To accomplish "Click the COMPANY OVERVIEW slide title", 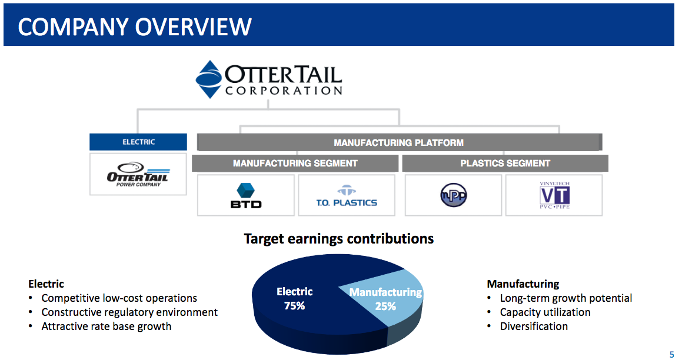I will coord(135,26).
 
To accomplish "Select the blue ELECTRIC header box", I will coord(138,142).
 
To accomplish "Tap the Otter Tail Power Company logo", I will coord(138,174).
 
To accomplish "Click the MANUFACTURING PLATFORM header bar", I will coord(398,142).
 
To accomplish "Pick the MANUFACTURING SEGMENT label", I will coord(295,164).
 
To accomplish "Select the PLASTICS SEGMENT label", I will coord(505,164).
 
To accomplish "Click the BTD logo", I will coord(246,195).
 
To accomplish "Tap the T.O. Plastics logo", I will coord(346,196).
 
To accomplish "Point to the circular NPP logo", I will coord(454,195).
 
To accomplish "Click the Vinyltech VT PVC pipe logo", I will coord(554,195).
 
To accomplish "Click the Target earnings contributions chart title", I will coord(339,239).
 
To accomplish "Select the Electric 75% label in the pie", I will coord(294,299).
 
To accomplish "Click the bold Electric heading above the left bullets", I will coord(46,284).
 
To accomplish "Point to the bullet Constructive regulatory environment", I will coord(129,312).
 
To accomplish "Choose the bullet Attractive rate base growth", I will coord(106,326).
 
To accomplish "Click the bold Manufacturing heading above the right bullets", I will coord(523,284).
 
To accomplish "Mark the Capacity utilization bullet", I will coord(545,312).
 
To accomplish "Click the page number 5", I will coord(671,354).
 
